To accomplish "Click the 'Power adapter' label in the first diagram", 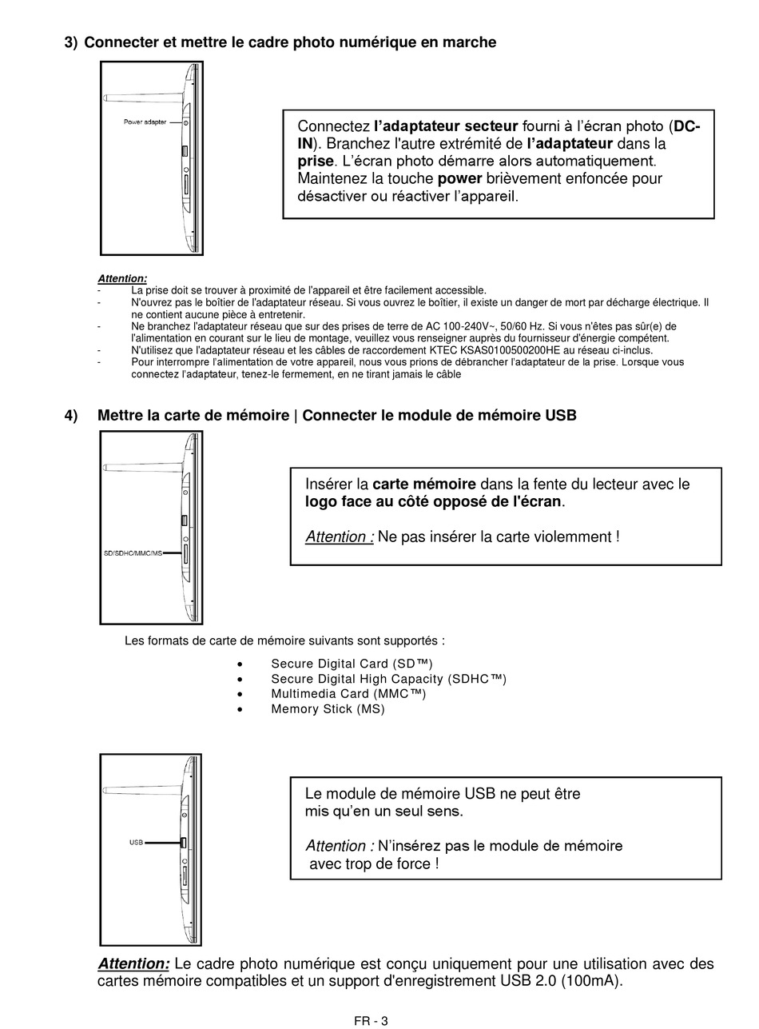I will (x=145, y=122).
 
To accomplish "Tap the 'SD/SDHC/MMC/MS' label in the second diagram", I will (x=133, y=553).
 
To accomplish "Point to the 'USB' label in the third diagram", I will (x=136, y=842).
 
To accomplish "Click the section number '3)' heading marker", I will (x=71, y=42).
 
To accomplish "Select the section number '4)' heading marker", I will (x=71, y=416).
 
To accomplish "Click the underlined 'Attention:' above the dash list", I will (x=122, y=278).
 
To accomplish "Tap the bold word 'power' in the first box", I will (x=459, y=178).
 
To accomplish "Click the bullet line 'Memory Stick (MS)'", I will (x=328, y=709).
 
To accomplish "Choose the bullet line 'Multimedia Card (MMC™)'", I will (x=348, y=694).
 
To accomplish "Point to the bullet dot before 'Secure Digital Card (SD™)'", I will (x=240, y=664).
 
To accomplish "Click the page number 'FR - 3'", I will (x=371, y=1021).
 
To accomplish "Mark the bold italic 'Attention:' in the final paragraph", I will (x=133, y=964).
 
